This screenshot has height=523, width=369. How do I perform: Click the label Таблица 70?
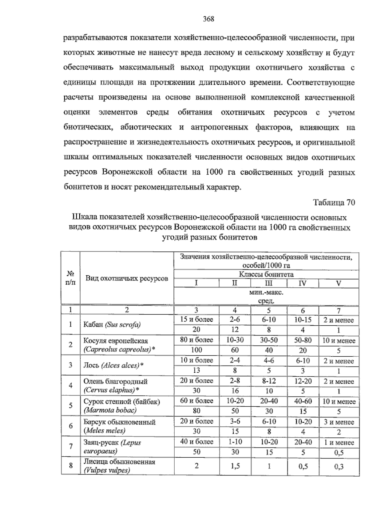[334, 203]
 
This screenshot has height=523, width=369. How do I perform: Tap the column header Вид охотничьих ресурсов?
[127, 278]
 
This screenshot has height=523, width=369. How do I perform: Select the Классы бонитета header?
[266, 274]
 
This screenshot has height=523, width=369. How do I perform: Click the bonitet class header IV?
[303, 283]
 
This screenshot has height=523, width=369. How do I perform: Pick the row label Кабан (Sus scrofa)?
[112, 324]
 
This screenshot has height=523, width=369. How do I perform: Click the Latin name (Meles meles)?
[105, 431]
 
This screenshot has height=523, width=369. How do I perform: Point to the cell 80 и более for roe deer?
[196, 340]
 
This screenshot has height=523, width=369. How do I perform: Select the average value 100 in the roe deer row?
[196, 350]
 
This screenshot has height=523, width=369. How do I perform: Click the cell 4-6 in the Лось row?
[269, 360]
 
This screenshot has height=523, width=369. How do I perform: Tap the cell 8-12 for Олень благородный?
[269, 381]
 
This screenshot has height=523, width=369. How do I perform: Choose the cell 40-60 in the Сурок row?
[303, 401]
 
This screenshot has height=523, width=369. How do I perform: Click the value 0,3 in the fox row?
[339, 467]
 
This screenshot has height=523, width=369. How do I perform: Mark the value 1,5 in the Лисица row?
[235, 466]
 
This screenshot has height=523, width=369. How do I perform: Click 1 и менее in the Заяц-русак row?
[339, 442]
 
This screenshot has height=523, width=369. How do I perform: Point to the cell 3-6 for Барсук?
[235, 421]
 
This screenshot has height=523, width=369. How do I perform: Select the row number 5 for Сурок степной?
[70, 405]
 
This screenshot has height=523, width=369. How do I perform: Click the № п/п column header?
[70, 277]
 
